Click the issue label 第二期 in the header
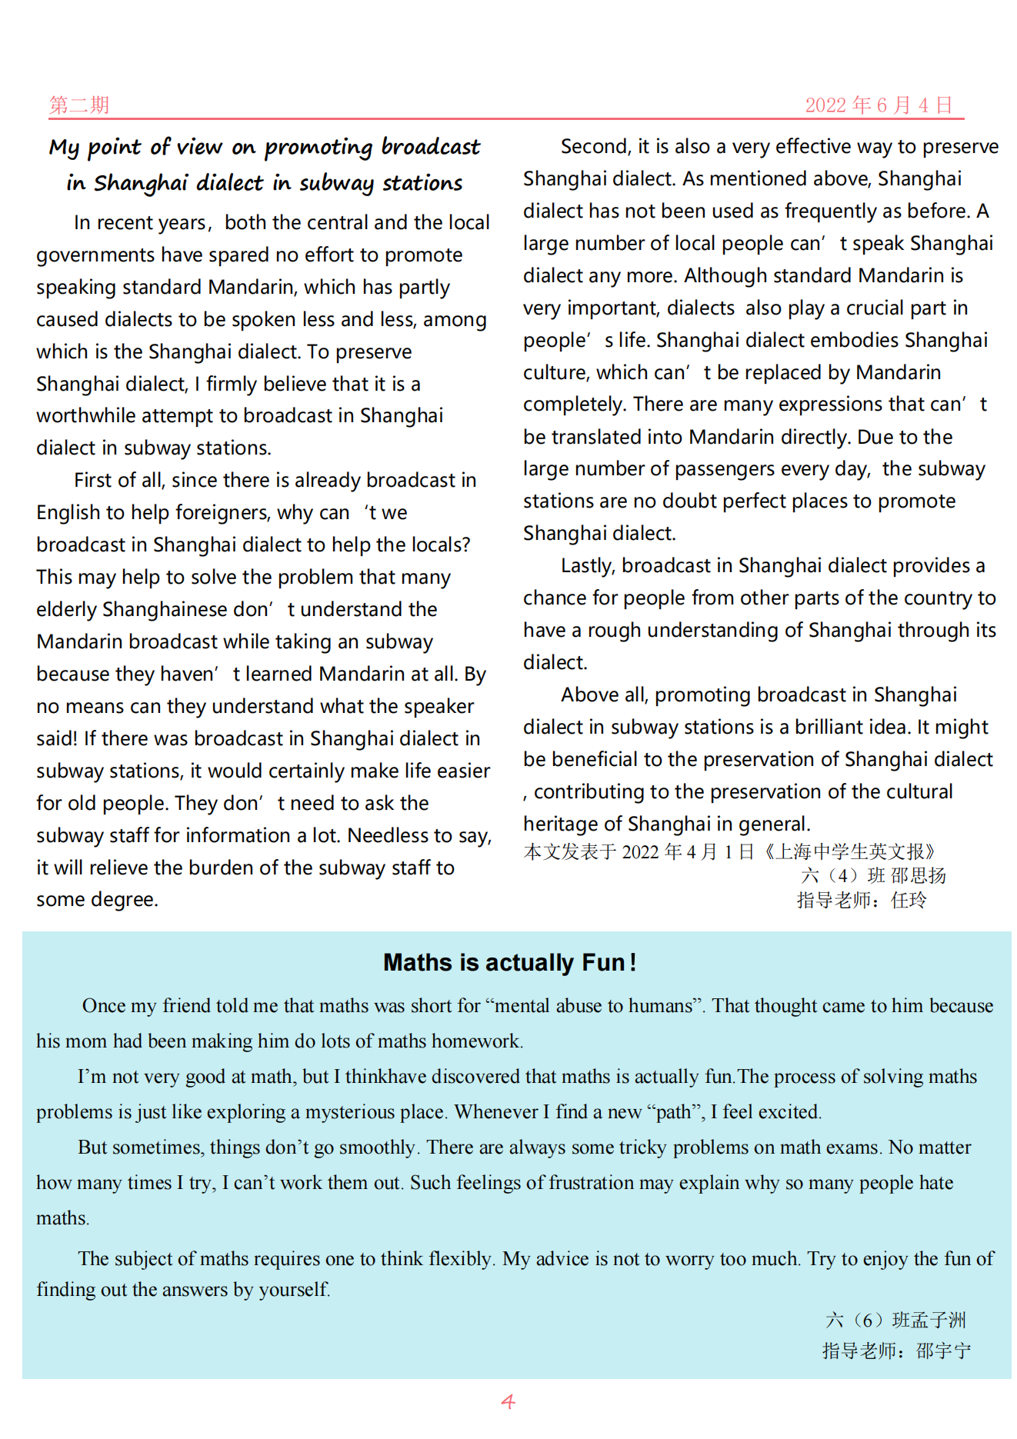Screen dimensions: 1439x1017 pos(79,105)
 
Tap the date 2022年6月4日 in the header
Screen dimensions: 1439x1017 pos(879,105)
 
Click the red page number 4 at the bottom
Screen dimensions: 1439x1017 pos(508,1401)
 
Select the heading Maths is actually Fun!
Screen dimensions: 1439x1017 pos(509,962)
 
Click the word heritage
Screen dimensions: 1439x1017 pos(561,824)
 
